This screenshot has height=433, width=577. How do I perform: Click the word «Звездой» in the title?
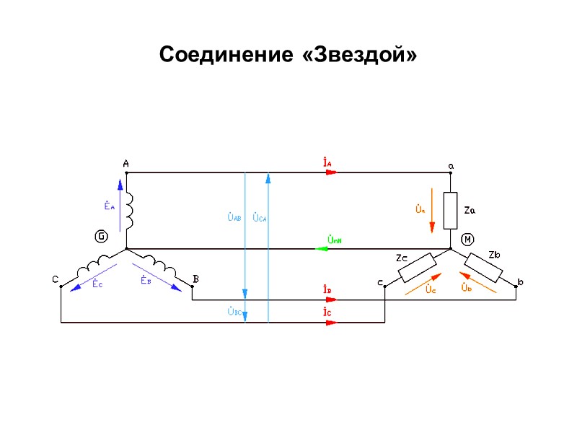pyautogui.click(x=360, y=55)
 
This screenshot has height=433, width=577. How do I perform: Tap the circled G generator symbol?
pyautogui.click(x=101, y=236)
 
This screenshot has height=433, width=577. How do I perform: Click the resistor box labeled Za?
pyautogui.click(x=451, y=210)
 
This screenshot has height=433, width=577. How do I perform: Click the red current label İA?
pyautogui.click(x=327, y=163)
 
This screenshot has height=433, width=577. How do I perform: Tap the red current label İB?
pyautogui.click(x=327, y=290)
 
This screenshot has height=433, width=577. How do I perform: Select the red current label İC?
pyautogui.click(x=327, y=312)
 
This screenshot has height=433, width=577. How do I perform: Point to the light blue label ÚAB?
pyautogui.click(x=234, y=216)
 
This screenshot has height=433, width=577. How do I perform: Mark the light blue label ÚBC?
pyautogui.click(x=234, y=312)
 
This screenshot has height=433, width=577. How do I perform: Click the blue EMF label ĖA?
pyautogui.click(x=110, y=206)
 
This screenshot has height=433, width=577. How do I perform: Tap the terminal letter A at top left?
pyautogui.click(x=125, y=164)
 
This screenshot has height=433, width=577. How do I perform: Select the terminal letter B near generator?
pyautogui.click(x=195, y=279)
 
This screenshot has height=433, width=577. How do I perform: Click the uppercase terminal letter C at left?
pyautogui.click(x=55, y=279)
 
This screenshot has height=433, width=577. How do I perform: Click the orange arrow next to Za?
pyautogui.click(x=432, y=210)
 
